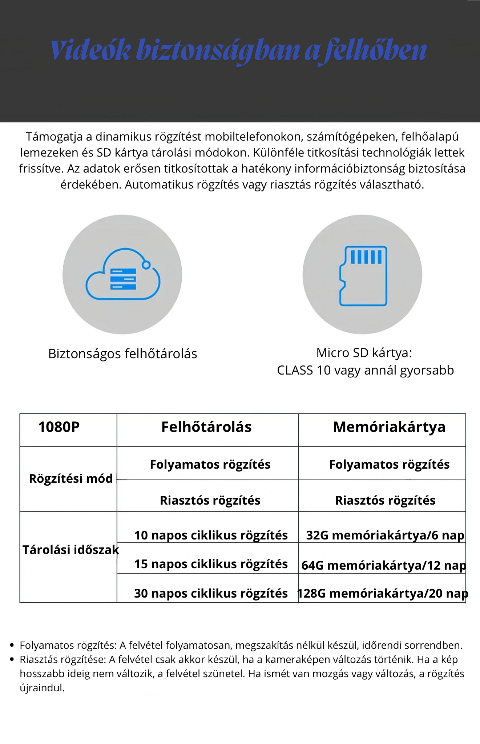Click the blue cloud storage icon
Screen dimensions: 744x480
point(122,274)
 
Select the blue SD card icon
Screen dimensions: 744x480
point(363,276)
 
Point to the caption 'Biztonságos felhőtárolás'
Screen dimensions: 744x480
point(122,354)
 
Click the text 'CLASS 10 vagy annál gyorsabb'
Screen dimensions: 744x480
point(365,370)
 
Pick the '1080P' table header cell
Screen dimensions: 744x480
point(59,427)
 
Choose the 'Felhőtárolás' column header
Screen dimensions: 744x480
point(206,427)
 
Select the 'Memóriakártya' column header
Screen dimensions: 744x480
point(389,427)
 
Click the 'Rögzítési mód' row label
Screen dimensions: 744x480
point(71,479)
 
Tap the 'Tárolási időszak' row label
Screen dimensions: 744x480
point(71,550)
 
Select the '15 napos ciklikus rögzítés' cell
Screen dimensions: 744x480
point(211,564)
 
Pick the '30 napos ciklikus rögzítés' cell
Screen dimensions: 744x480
point(211,594)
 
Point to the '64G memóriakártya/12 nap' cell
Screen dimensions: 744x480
point(384,566)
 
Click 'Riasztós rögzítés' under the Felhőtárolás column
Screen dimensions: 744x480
point(210,501)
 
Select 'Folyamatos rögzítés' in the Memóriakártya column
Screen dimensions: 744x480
point(389,465)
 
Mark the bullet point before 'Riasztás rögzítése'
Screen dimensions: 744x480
point(12,659)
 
